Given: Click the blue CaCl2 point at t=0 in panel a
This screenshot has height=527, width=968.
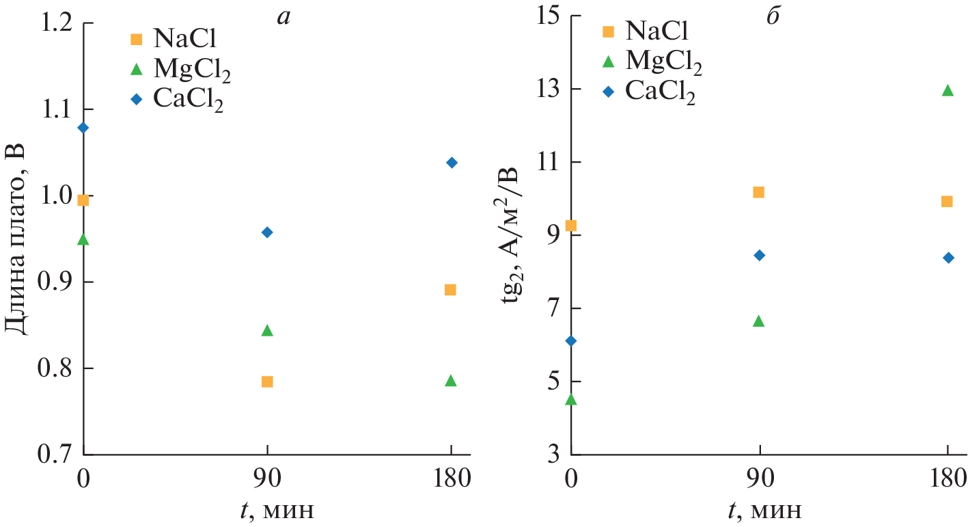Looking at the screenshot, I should pos(83,128).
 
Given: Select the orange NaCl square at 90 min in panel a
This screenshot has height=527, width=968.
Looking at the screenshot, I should pos(267,381).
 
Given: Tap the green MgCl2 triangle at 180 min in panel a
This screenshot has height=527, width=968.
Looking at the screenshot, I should pos(450,381).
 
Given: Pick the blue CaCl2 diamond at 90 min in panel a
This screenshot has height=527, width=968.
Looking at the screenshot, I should pos(267,232).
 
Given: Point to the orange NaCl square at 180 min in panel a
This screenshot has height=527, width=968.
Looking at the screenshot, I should pos(450,290).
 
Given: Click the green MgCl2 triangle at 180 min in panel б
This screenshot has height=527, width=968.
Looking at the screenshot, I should pos(947,90).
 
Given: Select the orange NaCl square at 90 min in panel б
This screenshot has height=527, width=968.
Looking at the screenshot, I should pos(758,192).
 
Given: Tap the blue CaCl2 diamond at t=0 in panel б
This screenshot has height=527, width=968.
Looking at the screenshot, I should pos(571,341).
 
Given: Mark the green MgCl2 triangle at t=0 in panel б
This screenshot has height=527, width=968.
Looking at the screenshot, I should pos(571,399).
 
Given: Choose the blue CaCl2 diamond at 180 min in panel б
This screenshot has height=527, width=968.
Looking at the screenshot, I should pos(948,258).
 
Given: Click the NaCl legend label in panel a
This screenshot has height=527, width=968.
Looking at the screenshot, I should pos(180,39).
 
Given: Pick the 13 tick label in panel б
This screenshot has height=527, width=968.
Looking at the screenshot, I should pos(544,89).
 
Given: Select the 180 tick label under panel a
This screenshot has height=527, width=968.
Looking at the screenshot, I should pos(451,479).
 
